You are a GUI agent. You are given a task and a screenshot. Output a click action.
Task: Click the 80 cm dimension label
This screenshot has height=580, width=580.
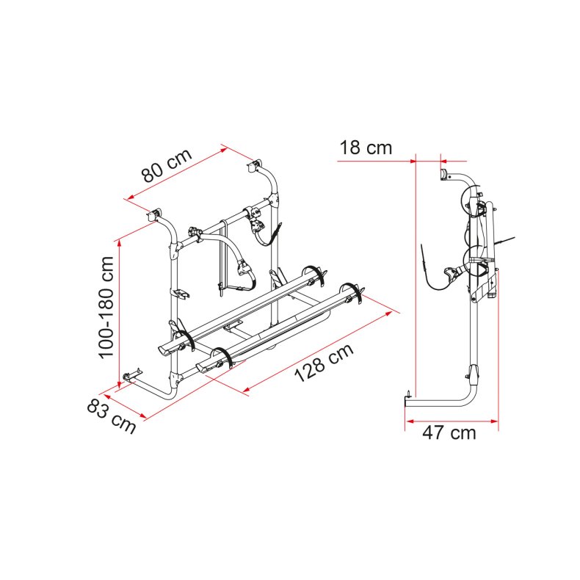[167, 165]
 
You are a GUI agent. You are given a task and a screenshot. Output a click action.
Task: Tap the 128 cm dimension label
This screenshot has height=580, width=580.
[325, 363]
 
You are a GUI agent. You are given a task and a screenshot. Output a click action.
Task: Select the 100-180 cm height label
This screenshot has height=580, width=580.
[106, 307]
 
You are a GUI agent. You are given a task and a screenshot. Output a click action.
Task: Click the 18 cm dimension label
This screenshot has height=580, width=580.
[366, 148]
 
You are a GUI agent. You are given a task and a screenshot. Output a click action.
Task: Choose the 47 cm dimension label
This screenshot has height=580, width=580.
[449, 432]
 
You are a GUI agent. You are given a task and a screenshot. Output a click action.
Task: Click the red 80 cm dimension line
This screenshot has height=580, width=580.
[177, 174]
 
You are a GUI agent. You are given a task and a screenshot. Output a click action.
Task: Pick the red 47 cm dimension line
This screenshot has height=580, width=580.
[452, 421]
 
